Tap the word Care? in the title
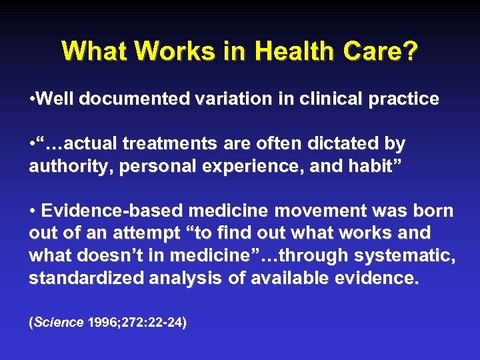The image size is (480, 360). (x=388, y=51)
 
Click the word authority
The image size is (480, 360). (x=61, y=165)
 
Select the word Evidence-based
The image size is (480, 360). (x=110, y=211)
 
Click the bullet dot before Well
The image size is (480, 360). (x=33, y=99)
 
